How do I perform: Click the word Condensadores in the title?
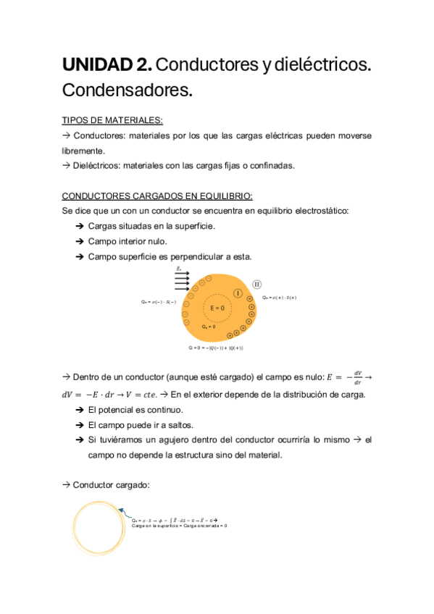click(128, 91)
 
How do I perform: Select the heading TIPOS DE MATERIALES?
click(112, 120)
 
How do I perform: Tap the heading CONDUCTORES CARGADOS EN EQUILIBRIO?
click(157, 195)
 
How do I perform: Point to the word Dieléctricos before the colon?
click(96, 165)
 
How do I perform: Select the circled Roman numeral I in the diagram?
click(238, 293)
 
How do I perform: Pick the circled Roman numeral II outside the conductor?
click(256, 285)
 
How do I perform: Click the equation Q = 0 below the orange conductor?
click(215, 348)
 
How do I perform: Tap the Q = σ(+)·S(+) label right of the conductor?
click(280, 298)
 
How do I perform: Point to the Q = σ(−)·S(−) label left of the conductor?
click(159, 301)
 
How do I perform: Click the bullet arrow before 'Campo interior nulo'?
click(79, 241)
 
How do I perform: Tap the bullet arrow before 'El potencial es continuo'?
click(79, 410)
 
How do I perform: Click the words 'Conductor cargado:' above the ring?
click(111, 485)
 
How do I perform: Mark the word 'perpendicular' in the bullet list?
click(204, 256)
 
